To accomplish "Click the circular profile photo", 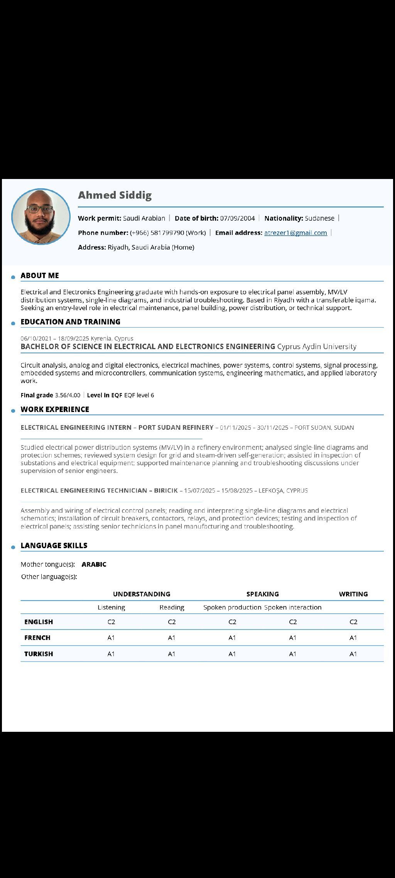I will pos(41,216).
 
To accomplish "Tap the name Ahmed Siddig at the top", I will pos(115,195).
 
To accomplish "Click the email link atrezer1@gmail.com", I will pos(295,233).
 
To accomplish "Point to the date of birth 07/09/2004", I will pos(237,218).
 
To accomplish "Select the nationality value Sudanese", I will pos(319,218).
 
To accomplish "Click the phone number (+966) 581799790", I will pos(157,233).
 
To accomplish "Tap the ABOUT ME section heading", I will pos(40,275).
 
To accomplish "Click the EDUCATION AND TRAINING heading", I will pos(70,322).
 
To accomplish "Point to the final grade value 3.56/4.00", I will pos(68,395).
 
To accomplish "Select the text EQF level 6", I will pos(139,395).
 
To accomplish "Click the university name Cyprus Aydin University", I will pos(316,346).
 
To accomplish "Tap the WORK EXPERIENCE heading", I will pos(55,409).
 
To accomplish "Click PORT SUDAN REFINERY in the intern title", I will pos(176,427).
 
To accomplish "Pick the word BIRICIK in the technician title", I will pos(166,491).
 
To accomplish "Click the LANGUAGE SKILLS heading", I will pos(54,545).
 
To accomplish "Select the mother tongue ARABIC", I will pos(94,564).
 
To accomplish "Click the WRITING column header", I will pos(353,594).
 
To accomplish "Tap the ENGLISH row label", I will pos(39,622).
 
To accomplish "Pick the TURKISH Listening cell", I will pos(111,654).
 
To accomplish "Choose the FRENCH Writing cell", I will pos(353,638).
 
